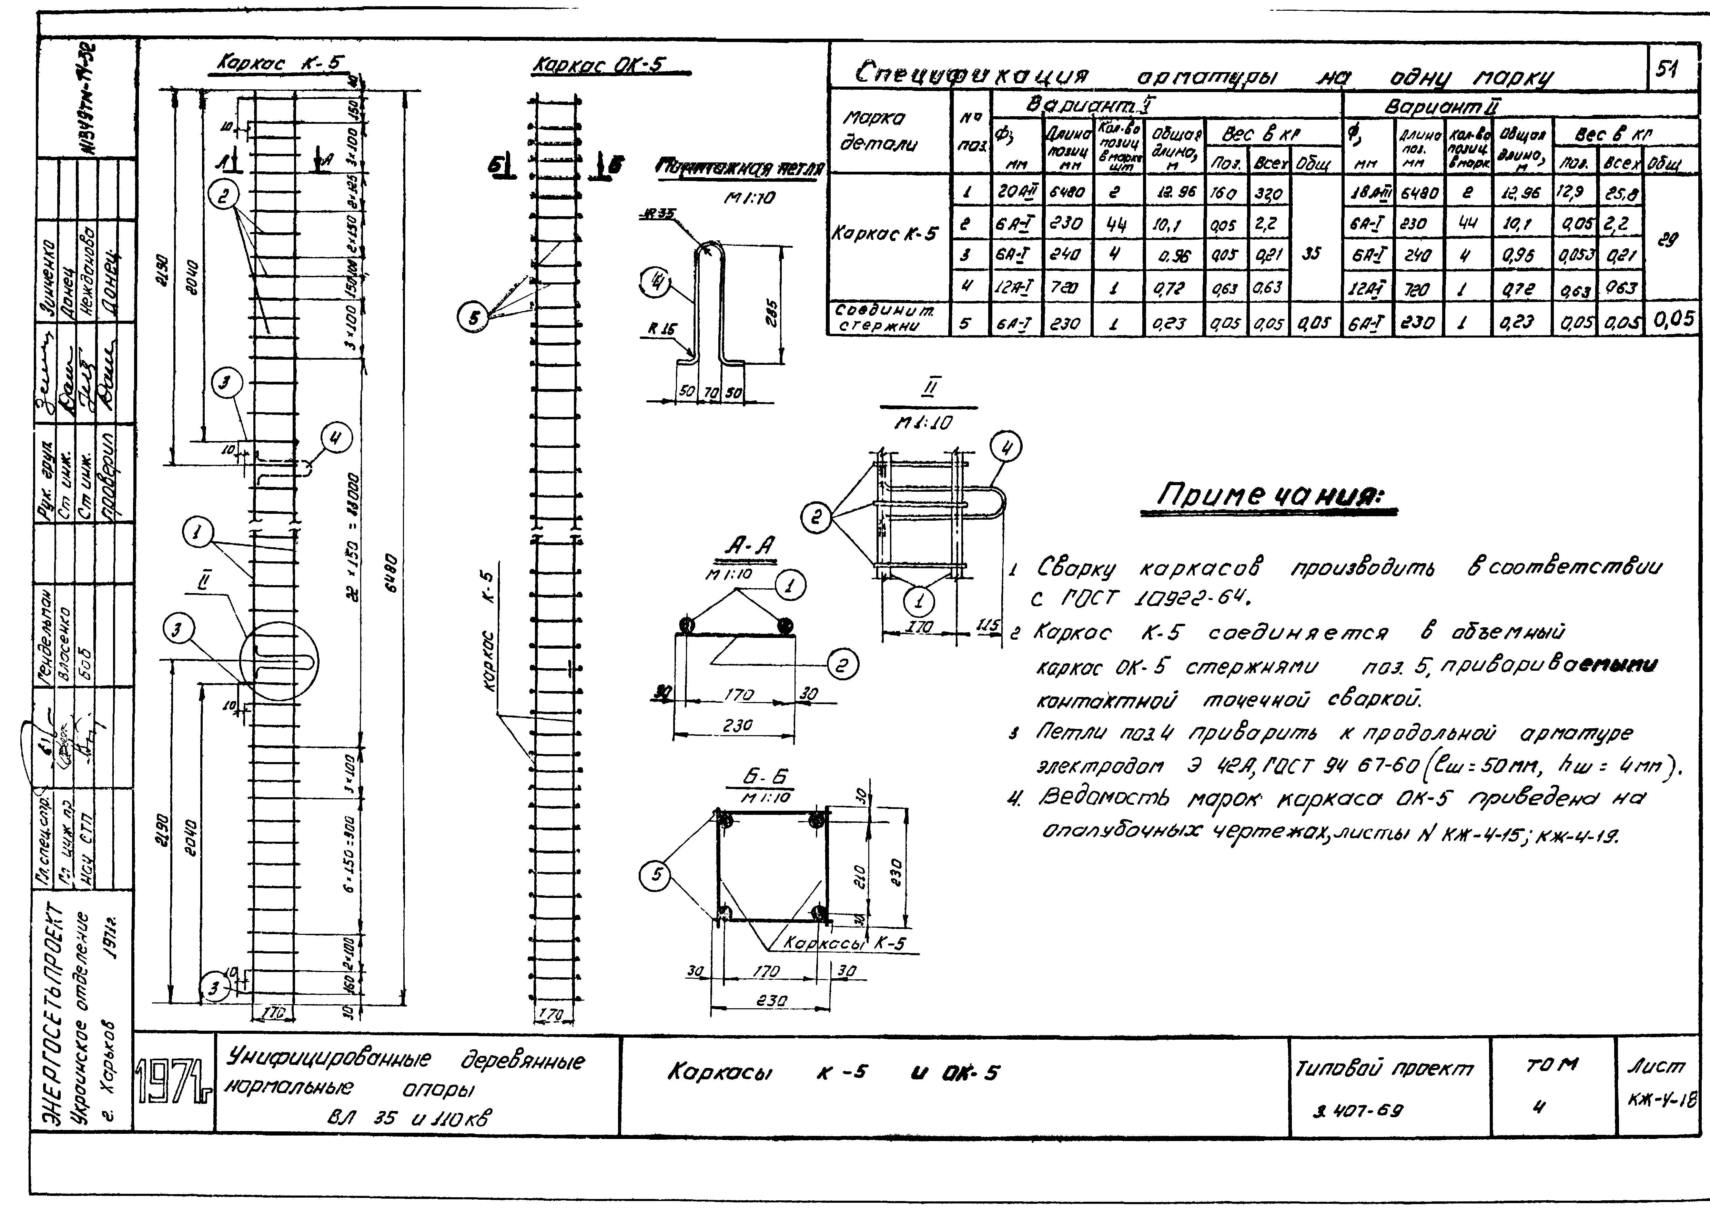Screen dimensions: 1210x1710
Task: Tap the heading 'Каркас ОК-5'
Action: click(598, 66)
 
